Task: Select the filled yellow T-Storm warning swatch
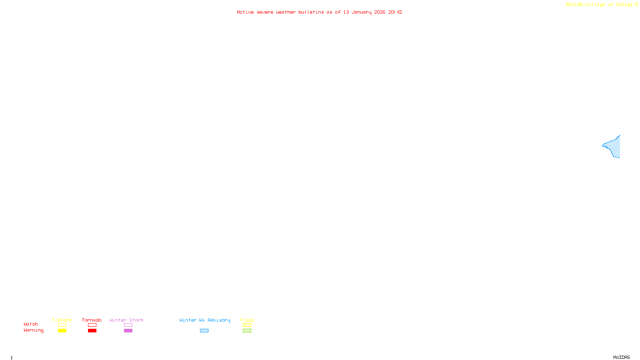[x=62, y=331]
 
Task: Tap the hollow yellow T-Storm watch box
[x=62, y=325]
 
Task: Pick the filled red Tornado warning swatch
[x=92, y=331]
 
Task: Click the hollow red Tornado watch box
[x=92, y=325]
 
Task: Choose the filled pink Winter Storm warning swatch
[x=128, y=331]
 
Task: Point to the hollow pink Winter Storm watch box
[x=128, y=325]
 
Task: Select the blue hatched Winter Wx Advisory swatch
[x=204, y=331]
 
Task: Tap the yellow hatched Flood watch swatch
[x=247, y=325]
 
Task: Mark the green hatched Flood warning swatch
[x=247, y=331]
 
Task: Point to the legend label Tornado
[x=92, y=320]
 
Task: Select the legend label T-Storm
[x=62, y=320]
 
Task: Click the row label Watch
[x=31, y=324]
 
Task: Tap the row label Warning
[x=33, y=330]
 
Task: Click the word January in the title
[x=362, y=12]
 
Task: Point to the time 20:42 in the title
[x=395, y=12]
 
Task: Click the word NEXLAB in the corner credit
[x=574, y=5]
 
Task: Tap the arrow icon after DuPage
[x=636, y=4]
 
